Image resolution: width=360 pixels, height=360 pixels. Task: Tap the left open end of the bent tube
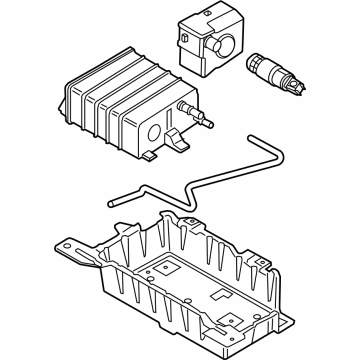pyautogui.click(x=113, y=202)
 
